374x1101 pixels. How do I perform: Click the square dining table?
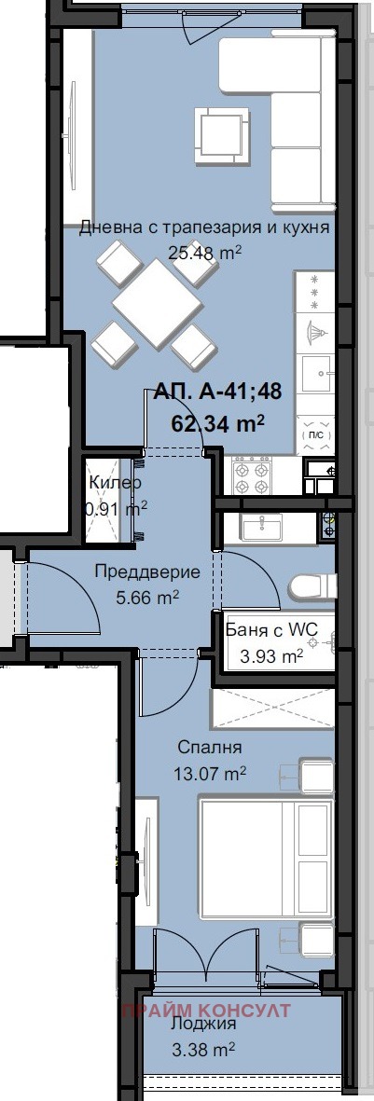tap(158, 303)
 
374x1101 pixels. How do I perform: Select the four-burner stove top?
tap(253, 476)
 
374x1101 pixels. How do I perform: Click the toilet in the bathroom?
tap(310, 586)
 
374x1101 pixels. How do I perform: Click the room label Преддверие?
tap(147, 572)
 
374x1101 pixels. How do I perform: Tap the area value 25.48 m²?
tap(204, 252)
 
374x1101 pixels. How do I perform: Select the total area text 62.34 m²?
tap(218, 423)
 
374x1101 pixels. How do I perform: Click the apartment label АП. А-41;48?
tap(217, 392)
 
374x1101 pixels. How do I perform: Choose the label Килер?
tap(115, 483)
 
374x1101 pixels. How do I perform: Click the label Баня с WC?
tap(271, 630)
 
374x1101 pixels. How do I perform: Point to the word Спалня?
tap(210, 747)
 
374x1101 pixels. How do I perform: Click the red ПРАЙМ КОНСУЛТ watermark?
tap(206, 1011)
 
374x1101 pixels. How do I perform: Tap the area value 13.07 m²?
tap(210, 774)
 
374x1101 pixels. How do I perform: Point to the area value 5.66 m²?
tap(147, 599)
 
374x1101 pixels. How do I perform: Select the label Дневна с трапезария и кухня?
tap(204, 227)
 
